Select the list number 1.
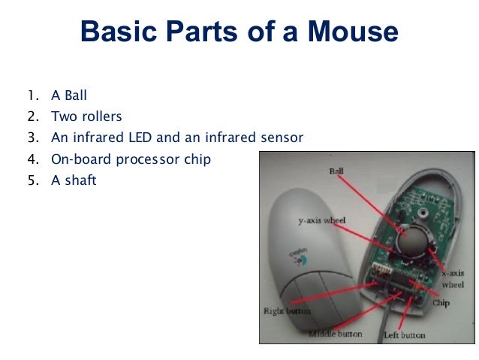pos(31,95)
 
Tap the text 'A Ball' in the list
pos(69,95)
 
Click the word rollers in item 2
pos(101,116)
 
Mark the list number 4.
pos(31,159)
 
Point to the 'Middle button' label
pos(335,333)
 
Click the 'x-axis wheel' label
pos(452,278)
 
